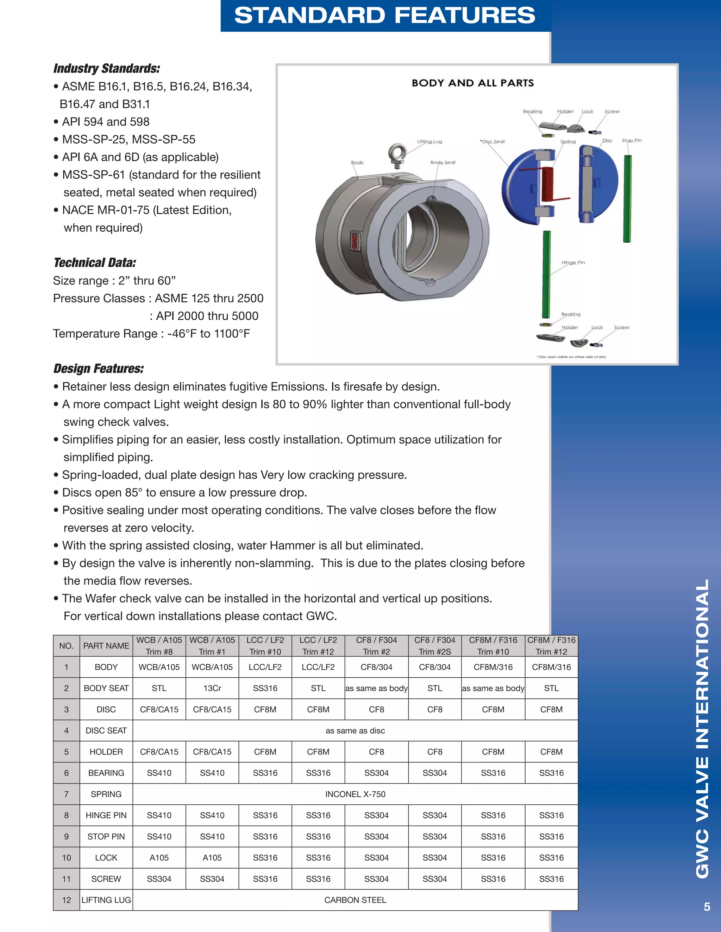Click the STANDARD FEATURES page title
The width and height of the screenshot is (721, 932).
click(384, 15)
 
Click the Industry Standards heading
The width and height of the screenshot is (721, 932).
click(107, 69)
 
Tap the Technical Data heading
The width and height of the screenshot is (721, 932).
click(95, 263)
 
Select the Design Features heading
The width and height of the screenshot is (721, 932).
click(99, 369)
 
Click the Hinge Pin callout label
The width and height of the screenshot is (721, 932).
click(573, 262)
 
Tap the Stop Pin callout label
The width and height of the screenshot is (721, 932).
click(631, 140)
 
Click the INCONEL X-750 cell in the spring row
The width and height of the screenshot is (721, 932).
click(355, 794)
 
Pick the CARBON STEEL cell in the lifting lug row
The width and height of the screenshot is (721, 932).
click(355, 900)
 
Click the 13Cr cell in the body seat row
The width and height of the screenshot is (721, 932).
click(212, 688)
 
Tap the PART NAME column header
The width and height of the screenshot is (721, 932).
click(106, 646)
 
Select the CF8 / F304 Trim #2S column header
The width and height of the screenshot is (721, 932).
click(434, 646)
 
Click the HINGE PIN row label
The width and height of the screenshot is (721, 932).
click(106, 816)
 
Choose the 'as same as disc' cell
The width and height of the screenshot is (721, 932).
click(355, 730)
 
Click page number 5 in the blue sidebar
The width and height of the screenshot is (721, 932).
click(707, 907)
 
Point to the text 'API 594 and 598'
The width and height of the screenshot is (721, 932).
click(106, 122)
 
